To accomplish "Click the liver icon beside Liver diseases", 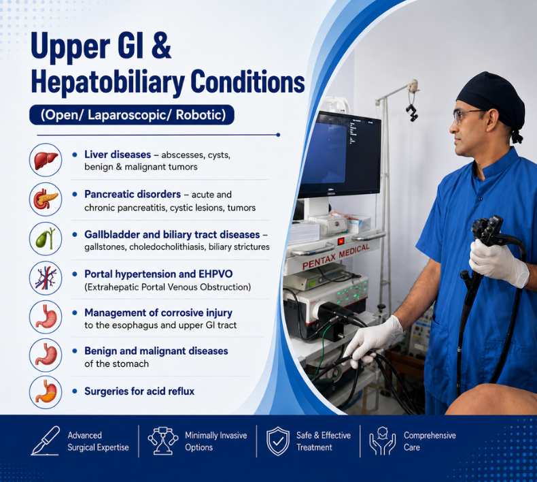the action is pos(46,160).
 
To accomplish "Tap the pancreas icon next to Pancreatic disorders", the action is pos(46,199).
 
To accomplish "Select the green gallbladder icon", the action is pos(46,238).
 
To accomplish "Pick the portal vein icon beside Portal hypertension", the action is pos(46,278).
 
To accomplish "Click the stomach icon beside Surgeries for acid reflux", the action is pos(46,391).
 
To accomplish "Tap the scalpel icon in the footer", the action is pos(46,441).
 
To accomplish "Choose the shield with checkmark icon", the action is pos(278,441).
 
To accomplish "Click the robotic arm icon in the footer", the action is pos(163,441).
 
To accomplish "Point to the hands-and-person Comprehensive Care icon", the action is pos(382,441).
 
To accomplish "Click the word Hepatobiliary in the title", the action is pos(108,82).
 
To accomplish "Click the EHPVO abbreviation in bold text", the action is pos(215,274).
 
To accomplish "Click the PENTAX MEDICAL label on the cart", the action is pos(336,256).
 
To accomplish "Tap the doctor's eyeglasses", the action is pos(468,116).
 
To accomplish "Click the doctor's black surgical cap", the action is pos(491,99).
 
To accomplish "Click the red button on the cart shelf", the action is pos(341,240).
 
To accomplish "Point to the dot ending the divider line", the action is pos(278,135).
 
